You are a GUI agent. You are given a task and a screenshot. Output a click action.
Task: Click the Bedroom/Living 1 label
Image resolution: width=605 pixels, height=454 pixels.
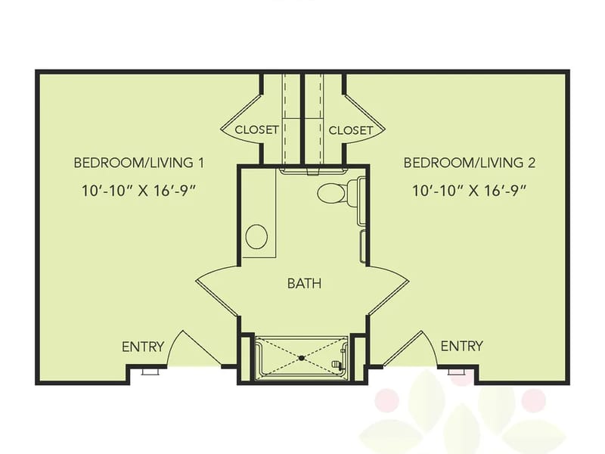[138, 163]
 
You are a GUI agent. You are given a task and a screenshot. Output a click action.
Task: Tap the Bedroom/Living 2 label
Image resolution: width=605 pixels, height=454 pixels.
[470, 163]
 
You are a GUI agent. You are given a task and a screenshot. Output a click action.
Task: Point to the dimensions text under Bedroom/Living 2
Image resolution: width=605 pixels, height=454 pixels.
[470, 191]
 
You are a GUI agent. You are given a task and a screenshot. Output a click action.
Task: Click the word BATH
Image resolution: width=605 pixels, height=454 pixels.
[305, 283]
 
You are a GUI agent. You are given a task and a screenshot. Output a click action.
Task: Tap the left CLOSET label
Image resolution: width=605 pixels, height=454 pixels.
[256, 129]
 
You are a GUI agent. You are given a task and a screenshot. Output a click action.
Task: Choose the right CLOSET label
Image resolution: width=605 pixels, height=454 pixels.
[351, 130]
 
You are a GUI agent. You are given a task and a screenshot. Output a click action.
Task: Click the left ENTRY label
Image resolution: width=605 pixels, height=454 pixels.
[143, 347]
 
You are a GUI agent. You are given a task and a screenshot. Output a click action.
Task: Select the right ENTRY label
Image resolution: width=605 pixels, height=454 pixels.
[461, 346]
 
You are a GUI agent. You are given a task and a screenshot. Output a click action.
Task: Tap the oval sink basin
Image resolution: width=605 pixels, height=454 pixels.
[256, 236]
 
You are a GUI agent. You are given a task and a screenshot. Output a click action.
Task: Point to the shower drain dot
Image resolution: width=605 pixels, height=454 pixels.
[302, 358]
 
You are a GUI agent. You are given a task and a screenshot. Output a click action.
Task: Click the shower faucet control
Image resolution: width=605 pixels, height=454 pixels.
[337, 365]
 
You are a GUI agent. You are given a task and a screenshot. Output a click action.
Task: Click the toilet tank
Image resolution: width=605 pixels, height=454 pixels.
[352, 192]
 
